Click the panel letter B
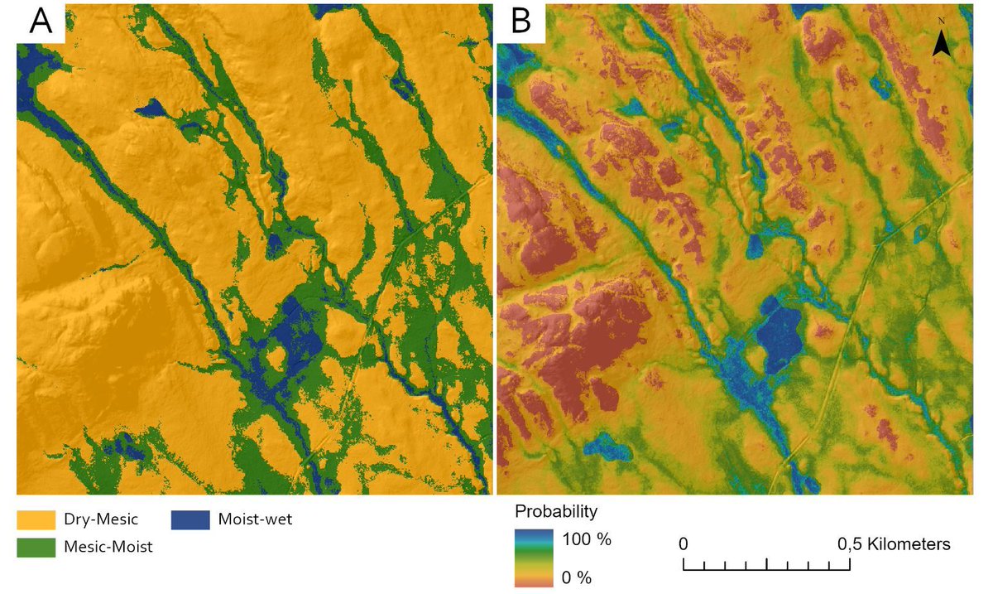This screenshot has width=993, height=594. (x=520, y=22)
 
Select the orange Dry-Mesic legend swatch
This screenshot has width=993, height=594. (x=36, y=520)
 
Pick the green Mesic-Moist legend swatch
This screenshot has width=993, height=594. (x=36, y=547)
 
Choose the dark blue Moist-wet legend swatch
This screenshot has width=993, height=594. (x=190, y=520)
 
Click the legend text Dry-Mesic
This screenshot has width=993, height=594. (x=100, y=520)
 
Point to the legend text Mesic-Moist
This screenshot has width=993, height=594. (x=108, y=547)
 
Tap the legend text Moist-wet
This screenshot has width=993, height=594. (x=255, y=520)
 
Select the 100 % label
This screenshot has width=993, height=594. (x=587, y=540)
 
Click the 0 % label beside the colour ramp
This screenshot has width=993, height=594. (x=577, y=577)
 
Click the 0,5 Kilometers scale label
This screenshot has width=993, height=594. (x=893, y=544)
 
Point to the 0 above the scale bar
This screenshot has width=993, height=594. (x=684, y=544)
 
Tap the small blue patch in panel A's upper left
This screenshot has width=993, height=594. (x=151, y=108)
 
